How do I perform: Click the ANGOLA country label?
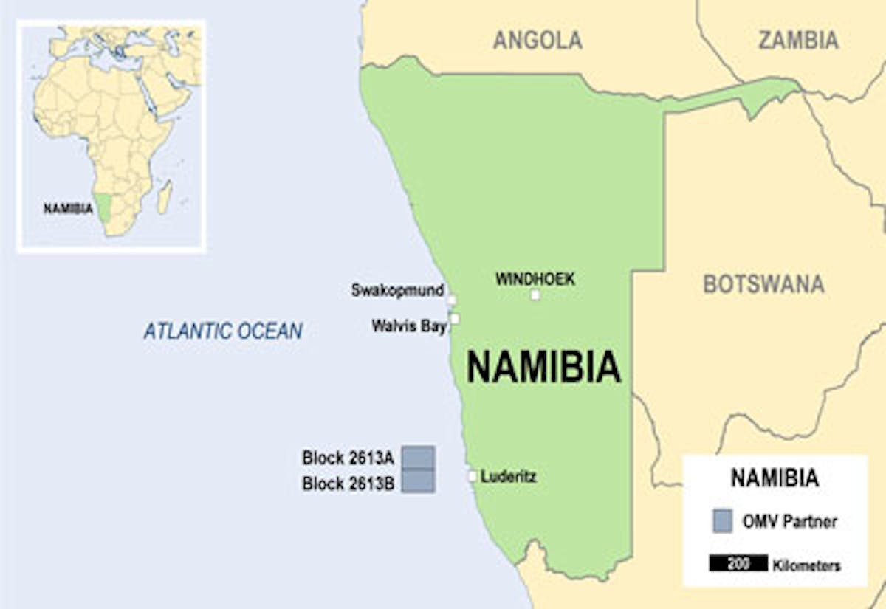click(538, 40)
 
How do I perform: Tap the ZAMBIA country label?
click(798, 40)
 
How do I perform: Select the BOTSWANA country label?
click(763, 284)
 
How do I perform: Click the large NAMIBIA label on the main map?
click(543, 367)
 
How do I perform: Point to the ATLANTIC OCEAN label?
click(223, 331)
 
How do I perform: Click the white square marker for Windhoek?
click(535, 295)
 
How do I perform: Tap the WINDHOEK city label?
click(535, 279)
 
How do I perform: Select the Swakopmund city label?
click(397, 290)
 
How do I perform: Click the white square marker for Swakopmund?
click(451, 300)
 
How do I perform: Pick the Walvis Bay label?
click(409, 326)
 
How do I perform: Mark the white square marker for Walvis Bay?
click(455, 319)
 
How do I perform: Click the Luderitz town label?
click(509, 477)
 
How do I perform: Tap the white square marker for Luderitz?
click(473, 476)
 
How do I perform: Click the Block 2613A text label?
click(348, 458)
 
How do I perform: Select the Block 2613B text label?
click(348, 484)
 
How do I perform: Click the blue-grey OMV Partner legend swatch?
click(723, 520)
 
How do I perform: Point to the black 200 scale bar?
click(738, 564)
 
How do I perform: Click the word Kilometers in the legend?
click(807, 566)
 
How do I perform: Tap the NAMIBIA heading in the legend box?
click(775, 478)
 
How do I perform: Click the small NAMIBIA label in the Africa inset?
click(68, 208)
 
